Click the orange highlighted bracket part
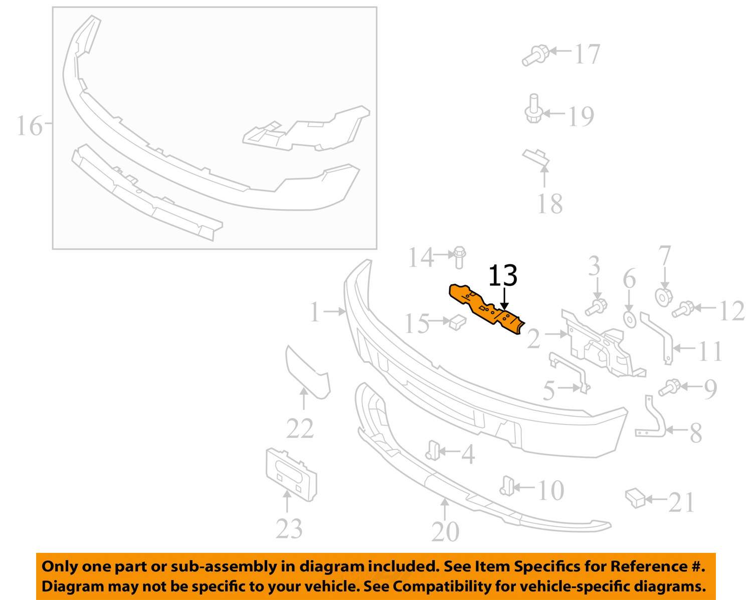pos(486,309)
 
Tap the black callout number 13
pos(502,275)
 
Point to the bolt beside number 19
pos(533,108)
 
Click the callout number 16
pos(30,126)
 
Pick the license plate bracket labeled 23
pos(291,475)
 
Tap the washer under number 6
pos(629,320)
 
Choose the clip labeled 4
pos(432,451)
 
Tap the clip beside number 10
pos(507,486)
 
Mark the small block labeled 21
pos(635,498)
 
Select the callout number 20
pos(445,531)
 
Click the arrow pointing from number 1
pos(335,311)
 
